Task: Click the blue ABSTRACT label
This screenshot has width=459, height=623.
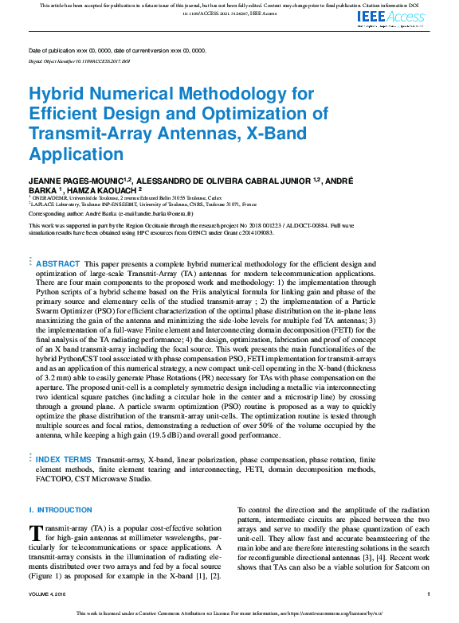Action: [x=58, y=263]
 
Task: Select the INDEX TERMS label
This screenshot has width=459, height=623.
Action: [x=63, y=460]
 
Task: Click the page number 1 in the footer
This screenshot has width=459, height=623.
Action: [x=429, y=594]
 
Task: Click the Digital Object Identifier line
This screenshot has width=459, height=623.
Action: [x=79, y=60]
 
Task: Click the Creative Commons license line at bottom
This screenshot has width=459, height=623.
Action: [x=229, y=614]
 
